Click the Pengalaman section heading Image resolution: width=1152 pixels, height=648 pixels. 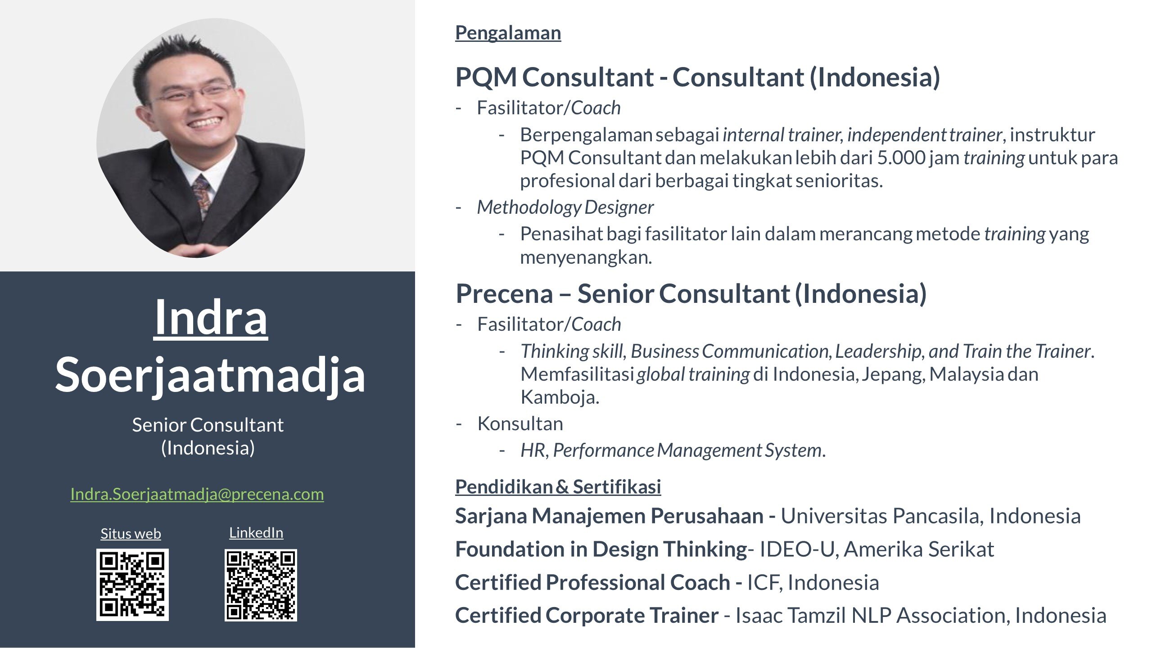coord(508,33)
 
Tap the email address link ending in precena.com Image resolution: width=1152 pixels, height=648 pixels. coord(197,494)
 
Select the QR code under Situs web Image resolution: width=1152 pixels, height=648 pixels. coord(132,585)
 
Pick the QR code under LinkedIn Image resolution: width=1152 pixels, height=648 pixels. coord(261,585)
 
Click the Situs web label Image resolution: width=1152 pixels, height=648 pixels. coord(131,534)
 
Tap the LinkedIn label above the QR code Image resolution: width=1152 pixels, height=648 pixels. coord(256,533)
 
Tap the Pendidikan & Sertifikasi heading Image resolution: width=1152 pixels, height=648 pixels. coord(558,486)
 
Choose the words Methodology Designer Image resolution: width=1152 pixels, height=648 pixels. coord(565,207)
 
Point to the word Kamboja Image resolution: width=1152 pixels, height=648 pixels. coord(560,397)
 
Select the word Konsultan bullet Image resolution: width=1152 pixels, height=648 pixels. coord(520,423)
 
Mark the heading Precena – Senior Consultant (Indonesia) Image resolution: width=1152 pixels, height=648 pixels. coord(691,293)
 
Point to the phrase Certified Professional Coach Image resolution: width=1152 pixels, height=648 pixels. coord(592,582)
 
